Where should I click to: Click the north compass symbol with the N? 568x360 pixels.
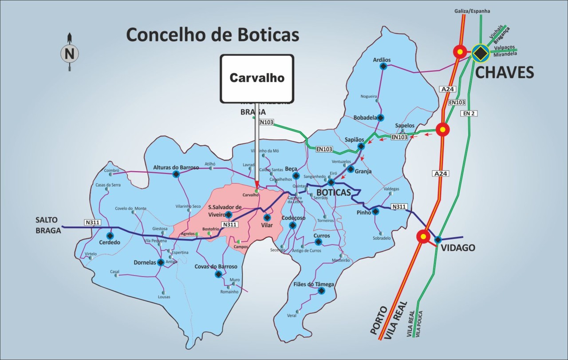[x=69, y=54]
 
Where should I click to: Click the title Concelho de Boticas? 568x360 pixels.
[x=213, y=35]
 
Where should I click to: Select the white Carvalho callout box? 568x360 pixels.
[x=257, y=79]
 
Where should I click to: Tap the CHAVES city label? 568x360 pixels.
[x=504, y=72]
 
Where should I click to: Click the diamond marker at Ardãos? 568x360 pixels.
[x=383, y=67]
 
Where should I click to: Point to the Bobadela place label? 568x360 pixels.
[x=365, y=118]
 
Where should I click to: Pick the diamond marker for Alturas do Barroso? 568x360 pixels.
[x=176, y=174]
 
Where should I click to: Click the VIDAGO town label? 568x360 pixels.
[x=458, y=248]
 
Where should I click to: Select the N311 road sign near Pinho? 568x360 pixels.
[x=399, y=206]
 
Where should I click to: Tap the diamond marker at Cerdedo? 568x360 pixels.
[x=110, y=236]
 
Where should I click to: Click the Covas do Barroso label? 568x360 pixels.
[x=216, y=266]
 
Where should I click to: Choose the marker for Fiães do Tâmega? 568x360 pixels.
[x=321, y=291]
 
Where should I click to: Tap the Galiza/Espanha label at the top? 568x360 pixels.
[x=472, y=11]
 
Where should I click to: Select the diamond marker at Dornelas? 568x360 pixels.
[x=161, y=262]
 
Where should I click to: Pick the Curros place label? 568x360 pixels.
[x=322, y=236]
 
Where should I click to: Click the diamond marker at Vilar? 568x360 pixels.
[x=267, y=218]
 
